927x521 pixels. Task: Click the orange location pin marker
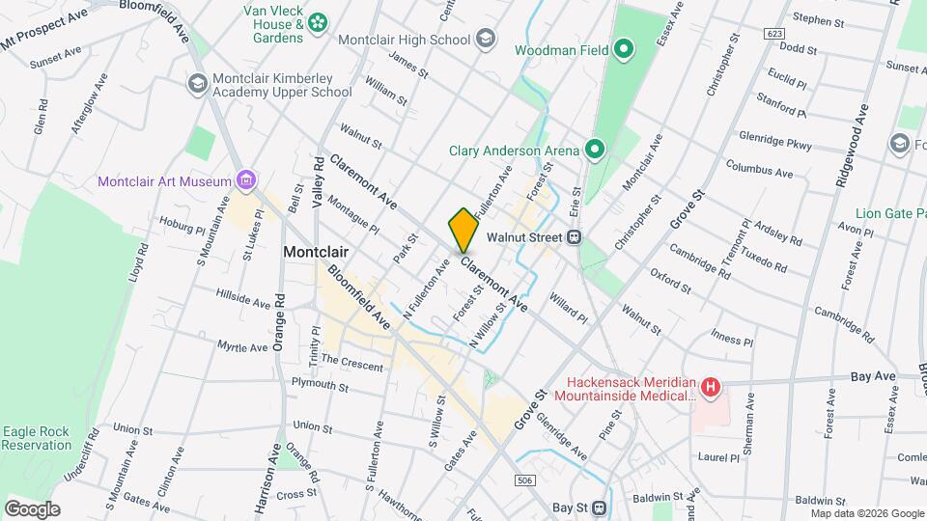click(x=463, y=230)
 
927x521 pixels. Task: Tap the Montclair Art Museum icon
click(x=247, y=180)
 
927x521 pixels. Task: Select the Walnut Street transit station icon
click(x=575, y=236)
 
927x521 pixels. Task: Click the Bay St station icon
click(x=599, y=507)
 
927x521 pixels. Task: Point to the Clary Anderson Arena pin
click(x=596, y=150)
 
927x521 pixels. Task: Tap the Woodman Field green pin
click(x=624, y=48)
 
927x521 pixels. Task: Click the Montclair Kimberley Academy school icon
click(x=198, y=84)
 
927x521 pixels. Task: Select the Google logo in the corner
click(x=32, y=508)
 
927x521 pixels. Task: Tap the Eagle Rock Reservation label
click(x=37, y=438)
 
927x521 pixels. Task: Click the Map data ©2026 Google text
click(x=866, y=513)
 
